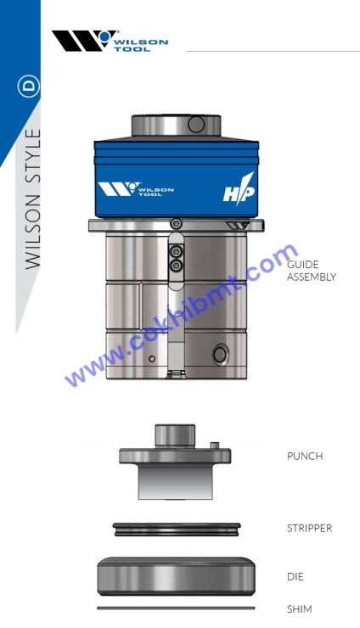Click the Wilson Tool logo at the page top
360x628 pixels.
[x=110, y=41]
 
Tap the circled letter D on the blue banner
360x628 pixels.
[x=29, y=87]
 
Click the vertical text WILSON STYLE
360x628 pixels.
[x=33, y=199]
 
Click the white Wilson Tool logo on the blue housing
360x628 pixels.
[x=136, y=189]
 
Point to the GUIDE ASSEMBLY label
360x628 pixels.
[x=311, y=271]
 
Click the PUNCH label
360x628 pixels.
[x=305, y=457]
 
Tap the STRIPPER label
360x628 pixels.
[x=310, y=528]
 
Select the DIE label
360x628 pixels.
[x=295, y=577]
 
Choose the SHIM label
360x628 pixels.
[x=299, y=609]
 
